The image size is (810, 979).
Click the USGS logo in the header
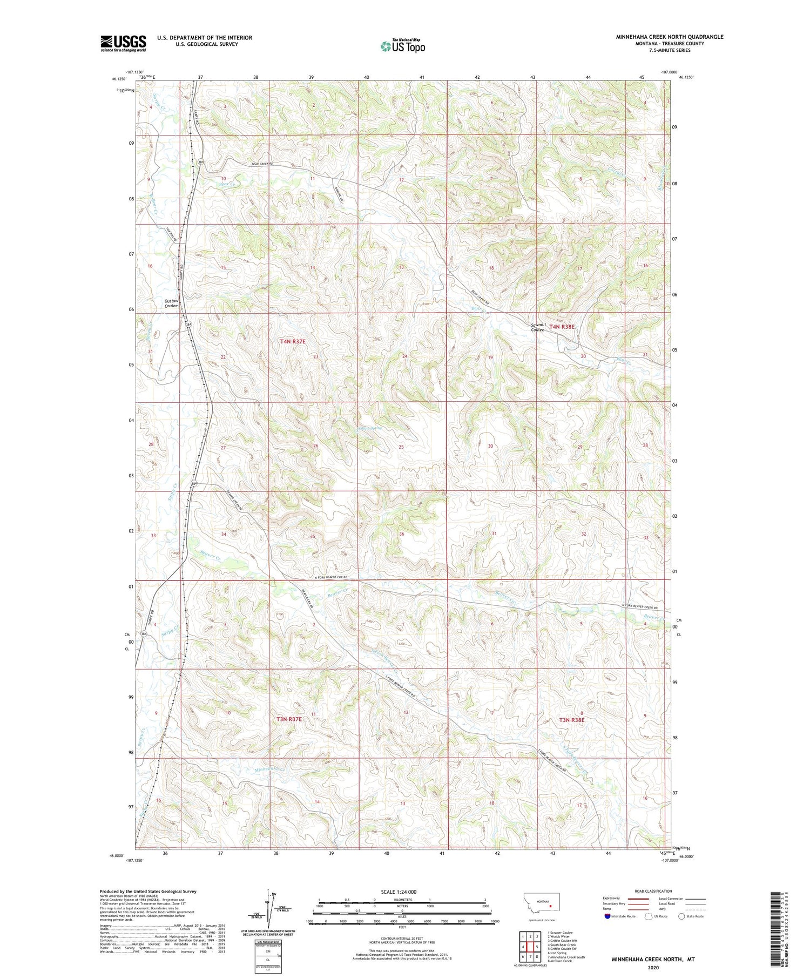(x=123, y=43)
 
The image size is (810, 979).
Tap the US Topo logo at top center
(x=402, y=46)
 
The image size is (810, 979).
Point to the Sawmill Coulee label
(x=538, y=327)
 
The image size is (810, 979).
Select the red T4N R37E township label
(x=293, y=341)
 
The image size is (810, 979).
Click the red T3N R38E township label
(x=572, y=720)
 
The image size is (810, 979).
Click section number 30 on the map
(x=490, y=446)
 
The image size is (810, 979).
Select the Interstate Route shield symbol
(x=607, y=916)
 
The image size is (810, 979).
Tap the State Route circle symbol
(x=682, y=916)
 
